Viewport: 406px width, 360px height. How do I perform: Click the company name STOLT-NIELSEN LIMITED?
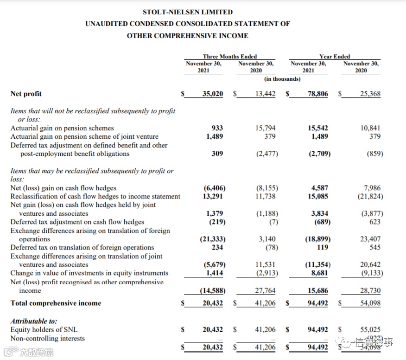[188, 12]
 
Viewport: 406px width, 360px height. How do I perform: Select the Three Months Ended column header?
[229, 57]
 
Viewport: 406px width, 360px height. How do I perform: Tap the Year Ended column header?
[335, 57]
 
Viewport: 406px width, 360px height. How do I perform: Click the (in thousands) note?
[282, 79]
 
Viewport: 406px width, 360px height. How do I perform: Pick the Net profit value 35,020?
[213, 94]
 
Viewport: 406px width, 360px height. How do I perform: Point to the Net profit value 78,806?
[317, 94]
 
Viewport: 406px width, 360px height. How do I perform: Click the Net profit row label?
[26, 94]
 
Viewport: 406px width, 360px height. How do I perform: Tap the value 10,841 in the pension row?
[370, 128]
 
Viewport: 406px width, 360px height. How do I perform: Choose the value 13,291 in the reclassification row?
[214, 196]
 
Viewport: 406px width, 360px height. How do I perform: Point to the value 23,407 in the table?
[370, 239]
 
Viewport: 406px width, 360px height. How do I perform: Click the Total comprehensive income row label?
[56, 303]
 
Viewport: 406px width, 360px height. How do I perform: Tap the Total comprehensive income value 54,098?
[370, 303]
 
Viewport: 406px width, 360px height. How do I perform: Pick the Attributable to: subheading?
[34, 321]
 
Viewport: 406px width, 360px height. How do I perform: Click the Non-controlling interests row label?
[48, 338]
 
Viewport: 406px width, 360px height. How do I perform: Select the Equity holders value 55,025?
[370, 329]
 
